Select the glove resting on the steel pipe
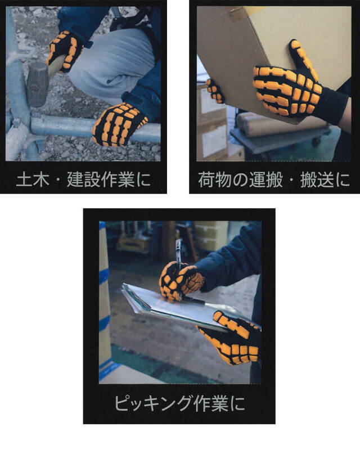[119, 123]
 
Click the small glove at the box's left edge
[215, 90]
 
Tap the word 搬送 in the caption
[317, 180]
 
